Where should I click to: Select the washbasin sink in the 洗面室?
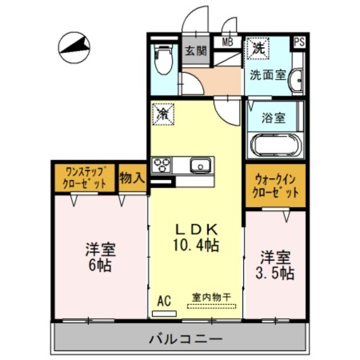(x=297, y=81)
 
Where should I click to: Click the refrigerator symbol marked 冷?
(x=162, y=113)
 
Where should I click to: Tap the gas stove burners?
(x=162, y=165)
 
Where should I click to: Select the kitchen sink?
(x=200, y=165)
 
